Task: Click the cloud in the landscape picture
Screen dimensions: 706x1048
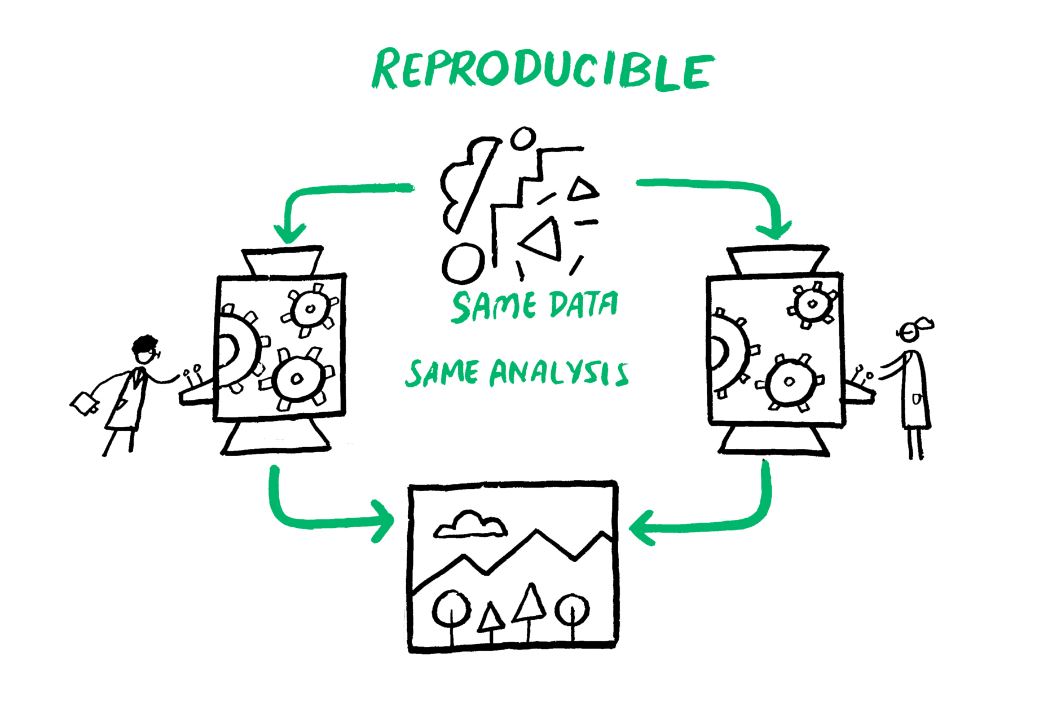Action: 470,524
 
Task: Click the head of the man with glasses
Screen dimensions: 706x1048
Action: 146,350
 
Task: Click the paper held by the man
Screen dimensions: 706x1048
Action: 85,403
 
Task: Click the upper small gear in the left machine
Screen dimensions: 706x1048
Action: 310,309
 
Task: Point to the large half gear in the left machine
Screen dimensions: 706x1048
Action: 237,350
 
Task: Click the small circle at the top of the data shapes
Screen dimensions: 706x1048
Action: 523,138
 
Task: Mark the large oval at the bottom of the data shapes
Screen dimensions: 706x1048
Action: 463,263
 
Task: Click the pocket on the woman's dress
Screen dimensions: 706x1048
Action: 917,400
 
